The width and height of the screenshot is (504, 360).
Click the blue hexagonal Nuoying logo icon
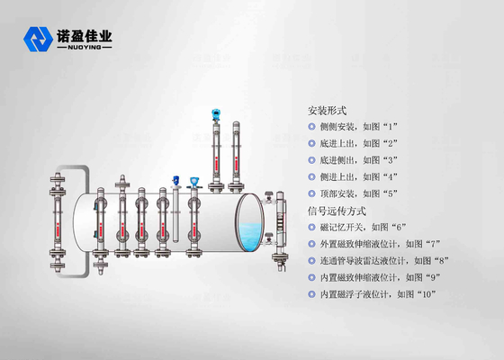tap(38, 40)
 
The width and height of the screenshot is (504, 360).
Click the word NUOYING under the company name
tap(85, 48)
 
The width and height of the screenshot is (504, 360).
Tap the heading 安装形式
tap(328, 111)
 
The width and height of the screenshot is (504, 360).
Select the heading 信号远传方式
tap(337, 211)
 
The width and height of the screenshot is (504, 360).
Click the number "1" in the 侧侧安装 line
tap(391, 127)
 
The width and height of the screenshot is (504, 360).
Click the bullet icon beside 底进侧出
tap(311, 160)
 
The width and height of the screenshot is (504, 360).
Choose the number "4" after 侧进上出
tap(391, 176)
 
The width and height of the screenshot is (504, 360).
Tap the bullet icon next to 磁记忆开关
tap(311, 227)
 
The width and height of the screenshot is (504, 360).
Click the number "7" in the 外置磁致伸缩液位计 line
tap(433, 244)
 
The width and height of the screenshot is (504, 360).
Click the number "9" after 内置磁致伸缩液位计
tap(433, 277)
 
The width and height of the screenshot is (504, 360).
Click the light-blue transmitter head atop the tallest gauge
tap(216, 114)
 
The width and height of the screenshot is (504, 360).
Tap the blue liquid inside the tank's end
tap(250, 236)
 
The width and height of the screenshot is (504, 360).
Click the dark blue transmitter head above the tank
tap(175, 180)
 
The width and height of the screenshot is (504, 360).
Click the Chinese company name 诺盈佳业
tap(85, 36)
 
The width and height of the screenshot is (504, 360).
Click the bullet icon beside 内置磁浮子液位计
tap(311, 294)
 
